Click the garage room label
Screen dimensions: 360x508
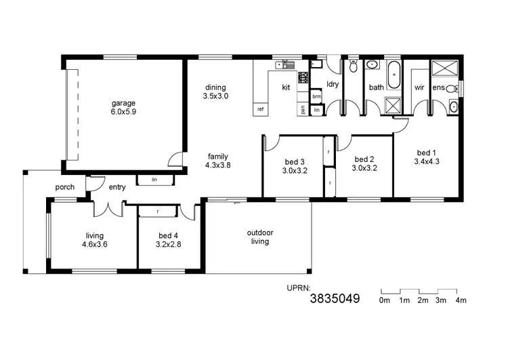[124, 103]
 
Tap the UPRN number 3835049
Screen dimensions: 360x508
[335, 298]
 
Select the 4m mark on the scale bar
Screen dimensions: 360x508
[461, 300]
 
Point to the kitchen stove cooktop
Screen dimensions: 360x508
[303, 77]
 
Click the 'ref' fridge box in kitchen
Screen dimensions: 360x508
[260, 108]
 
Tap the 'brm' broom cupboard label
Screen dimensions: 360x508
[316, 96]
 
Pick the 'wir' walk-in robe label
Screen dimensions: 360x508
[419, 87]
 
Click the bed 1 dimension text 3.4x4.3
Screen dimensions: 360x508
[427, 161]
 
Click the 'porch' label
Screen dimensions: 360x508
[65, 187]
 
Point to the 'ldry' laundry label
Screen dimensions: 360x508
[333, 84]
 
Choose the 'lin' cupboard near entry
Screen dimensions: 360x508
[154, 180]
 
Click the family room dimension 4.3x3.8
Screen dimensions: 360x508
[218, 164]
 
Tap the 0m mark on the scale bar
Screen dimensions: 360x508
[385, 300]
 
